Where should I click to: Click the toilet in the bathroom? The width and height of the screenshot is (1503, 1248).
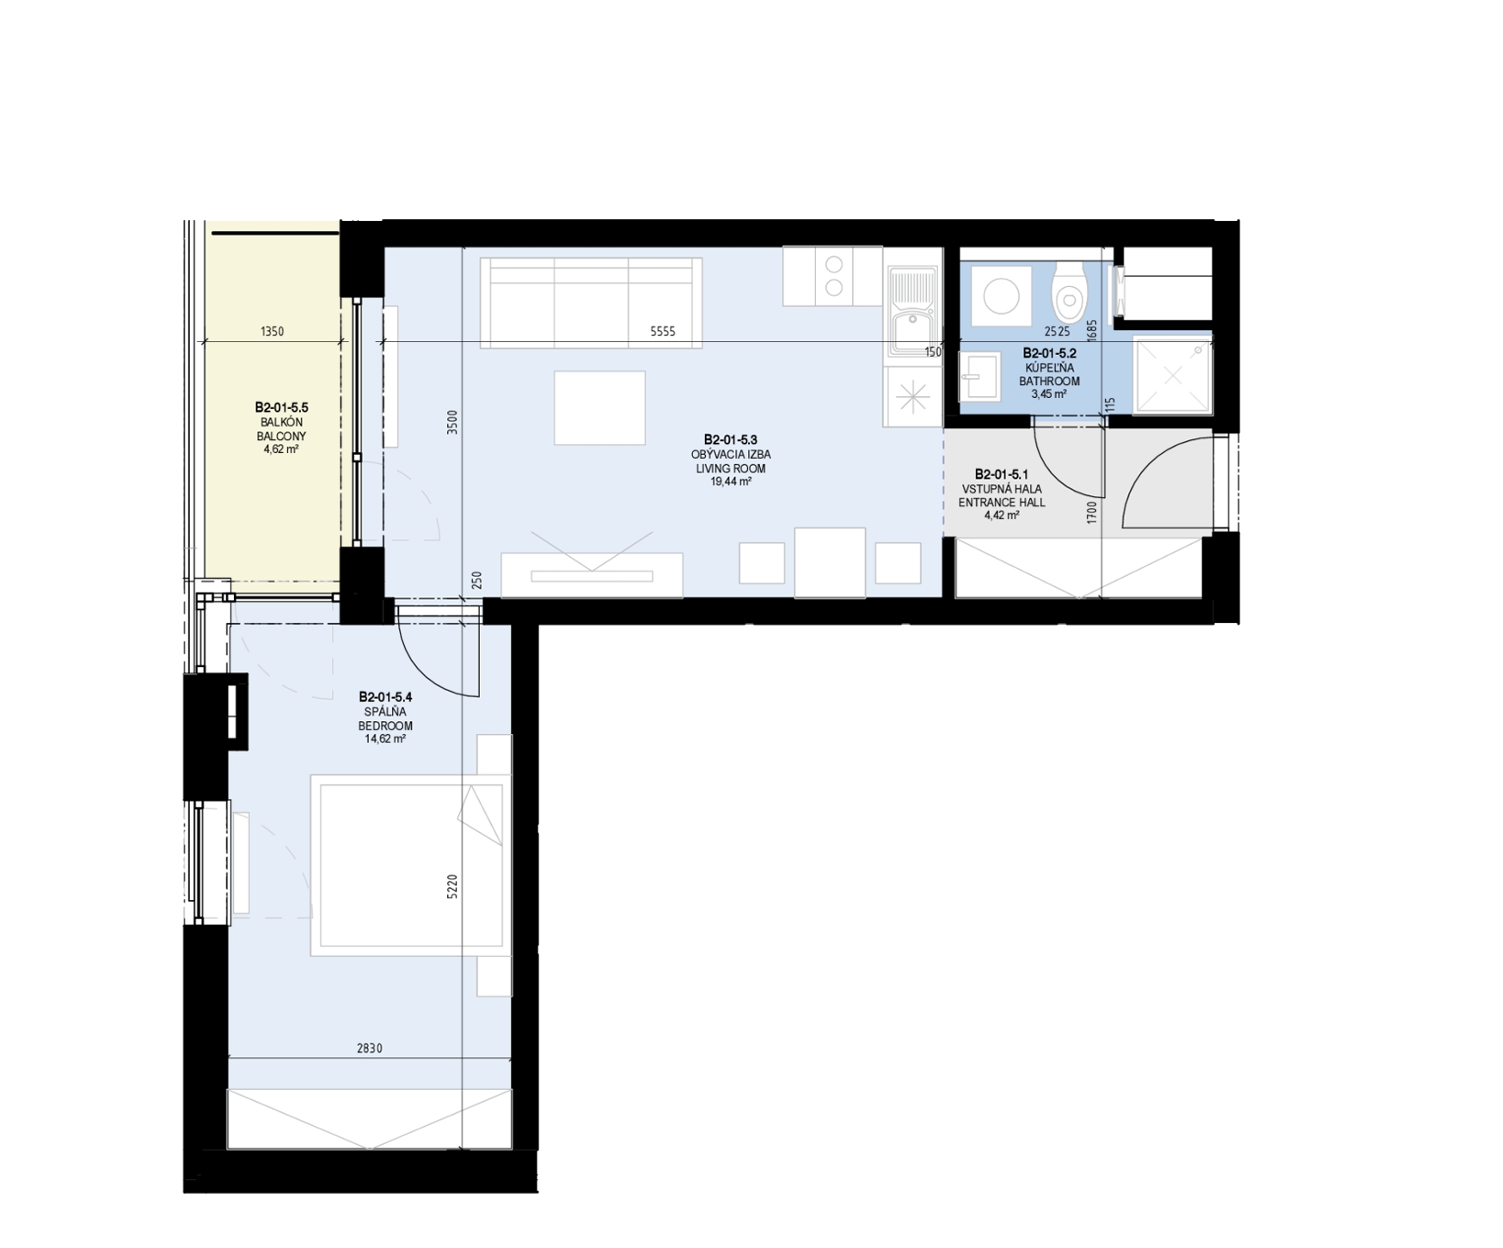click(1070, 293)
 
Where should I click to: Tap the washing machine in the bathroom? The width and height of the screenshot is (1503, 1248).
click(1002, 297)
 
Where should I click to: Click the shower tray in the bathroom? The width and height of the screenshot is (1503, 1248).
click(1173, 376)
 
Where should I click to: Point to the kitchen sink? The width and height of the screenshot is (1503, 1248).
click(912, 311)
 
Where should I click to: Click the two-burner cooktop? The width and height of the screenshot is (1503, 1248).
click(832, 276)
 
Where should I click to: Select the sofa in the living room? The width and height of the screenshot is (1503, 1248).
click(591, 303)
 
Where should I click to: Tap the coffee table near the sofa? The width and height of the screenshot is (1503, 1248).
click(599, 407)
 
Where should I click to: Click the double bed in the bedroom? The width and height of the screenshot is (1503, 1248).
click(408, 865)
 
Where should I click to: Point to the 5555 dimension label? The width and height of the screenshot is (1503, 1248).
click(662, 332)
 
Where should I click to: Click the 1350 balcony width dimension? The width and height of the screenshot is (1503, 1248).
click(272, 332)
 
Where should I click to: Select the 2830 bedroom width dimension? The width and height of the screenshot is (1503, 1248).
click(370, 1049)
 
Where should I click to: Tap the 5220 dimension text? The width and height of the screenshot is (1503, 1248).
click(452, 887)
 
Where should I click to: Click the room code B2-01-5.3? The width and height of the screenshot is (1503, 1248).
click(730, 440)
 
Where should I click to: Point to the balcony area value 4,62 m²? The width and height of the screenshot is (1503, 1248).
click(281, 449)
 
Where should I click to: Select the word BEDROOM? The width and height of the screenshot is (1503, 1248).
click(385, 725)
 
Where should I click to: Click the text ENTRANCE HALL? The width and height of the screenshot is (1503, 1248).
click(1002, 503)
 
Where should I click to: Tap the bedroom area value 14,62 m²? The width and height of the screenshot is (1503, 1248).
click(385, 739)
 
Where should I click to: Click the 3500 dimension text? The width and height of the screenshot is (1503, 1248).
click(452, 422)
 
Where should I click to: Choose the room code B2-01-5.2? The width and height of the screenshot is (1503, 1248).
click(1049, 353)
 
